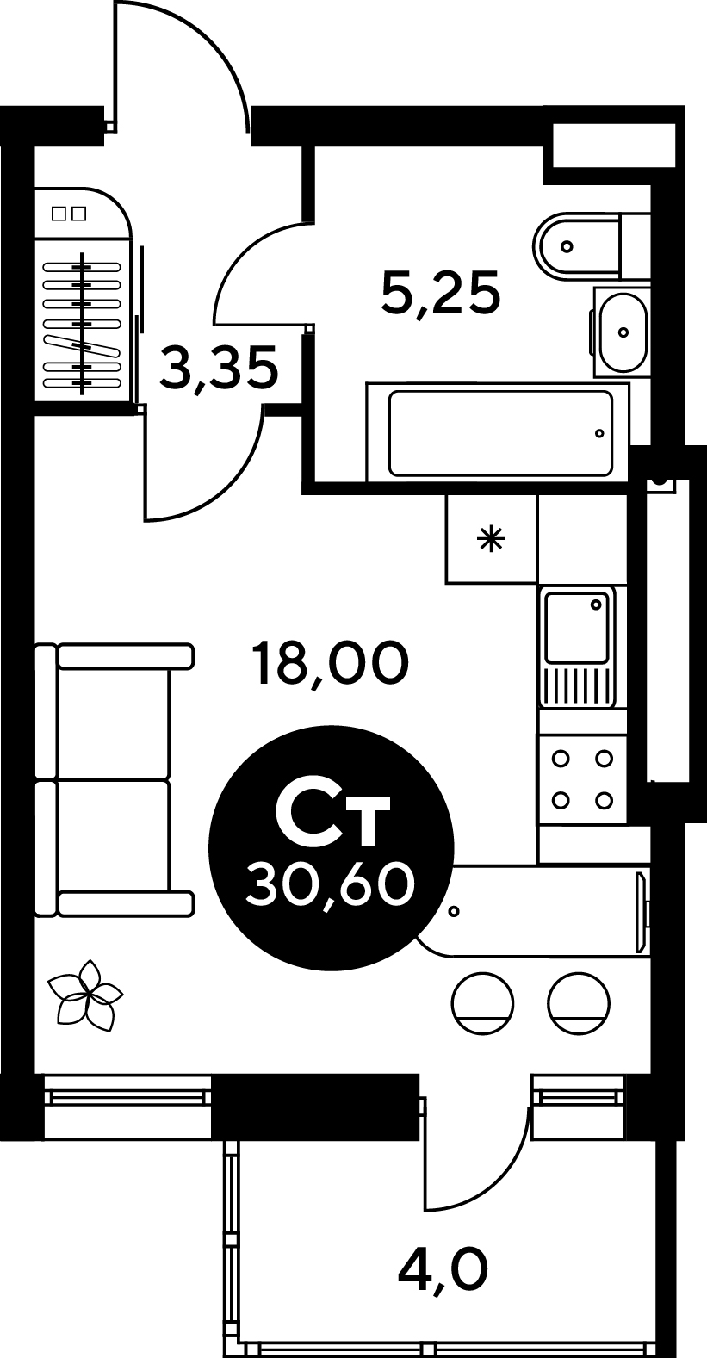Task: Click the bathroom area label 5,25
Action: pos(441,292)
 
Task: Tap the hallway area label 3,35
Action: pos(219,368)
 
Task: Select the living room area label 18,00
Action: pos(332,664)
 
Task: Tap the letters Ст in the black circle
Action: pos(332,818)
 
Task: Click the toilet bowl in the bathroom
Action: pos(592,245)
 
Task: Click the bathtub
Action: pos(497,432)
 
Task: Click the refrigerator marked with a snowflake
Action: pos(492,539)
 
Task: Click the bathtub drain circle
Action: pos(599,433)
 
